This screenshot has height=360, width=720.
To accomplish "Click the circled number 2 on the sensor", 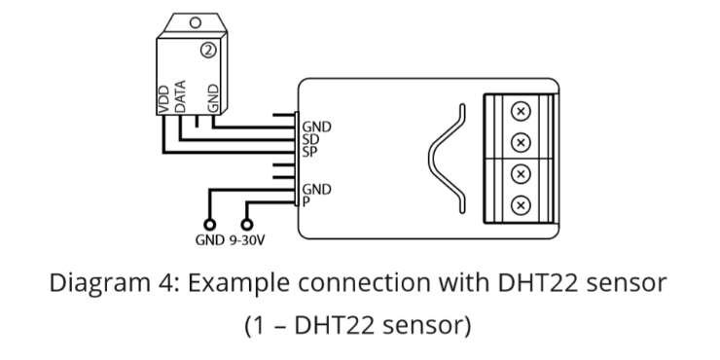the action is (x=208, y=51).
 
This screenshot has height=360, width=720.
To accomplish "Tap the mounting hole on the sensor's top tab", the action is (x=196, y=22).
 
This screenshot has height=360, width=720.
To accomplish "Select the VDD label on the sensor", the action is (x=163, y=98).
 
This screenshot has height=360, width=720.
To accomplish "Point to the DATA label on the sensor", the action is (x=180, y=96).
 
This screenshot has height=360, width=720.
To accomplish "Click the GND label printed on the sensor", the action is (x=213, y=98).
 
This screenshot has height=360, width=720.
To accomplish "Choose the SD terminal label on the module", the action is (x=310, y=139).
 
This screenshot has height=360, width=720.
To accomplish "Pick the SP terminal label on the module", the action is (x=310, y=152).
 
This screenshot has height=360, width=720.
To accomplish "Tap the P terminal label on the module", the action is (x=306, y=201).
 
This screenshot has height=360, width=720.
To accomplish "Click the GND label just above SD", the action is (x=316, y=127).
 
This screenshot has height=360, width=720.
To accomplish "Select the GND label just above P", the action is (x=316, y=189).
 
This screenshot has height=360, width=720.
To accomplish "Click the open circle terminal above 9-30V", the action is (x=247, y=225).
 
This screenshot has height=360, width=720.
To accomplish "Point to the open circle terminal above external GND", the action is (x=210, y=225).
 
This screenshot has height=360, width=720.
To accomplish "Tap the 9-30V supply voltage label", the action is (x=247, y=239).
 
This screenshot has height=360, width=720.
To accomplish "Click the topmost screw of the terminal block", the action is (x=521, y=111).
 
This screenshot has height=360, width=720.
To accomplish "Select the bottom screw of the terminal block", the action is (x=521, y=205).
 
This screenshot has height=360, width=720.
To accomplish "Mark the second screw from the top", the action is (x=521, y=143).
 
